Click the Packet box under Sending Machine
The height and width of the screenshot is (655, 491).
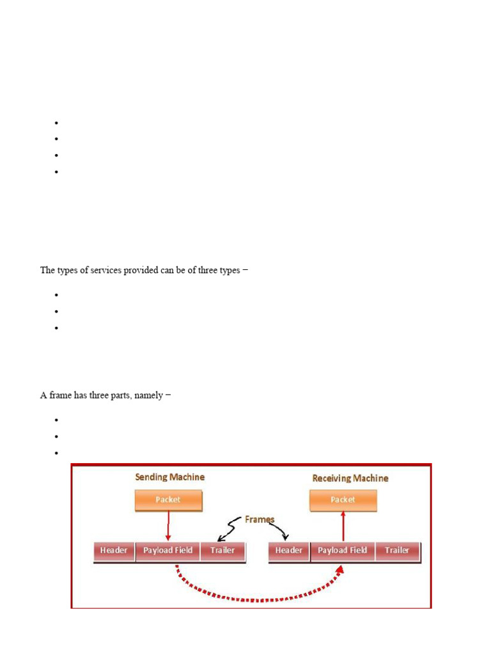[169, 500]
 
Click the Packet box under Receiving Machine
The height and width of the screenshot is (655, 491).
[343, 500]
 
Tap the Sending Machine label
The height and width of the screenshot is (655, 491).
[169, 477]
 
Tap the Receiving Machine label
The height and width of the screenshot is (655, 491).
[350, 478]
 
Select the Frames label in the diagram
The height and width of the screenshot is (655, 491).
[260, 519]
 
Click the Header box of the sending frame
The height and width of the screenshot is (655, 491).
[114, 551]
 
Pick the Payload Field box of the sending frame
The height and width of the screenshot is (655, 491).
[168, 551]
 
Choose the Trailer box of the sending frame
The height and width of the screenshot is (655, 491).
[222, 551]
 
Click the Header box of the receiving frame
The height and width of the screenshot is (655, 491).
[289, 551]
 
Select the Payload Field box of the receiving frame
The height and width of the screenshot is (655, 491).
[343, 551]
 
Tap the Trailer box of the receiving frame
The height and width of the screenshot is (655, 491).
[397, 551]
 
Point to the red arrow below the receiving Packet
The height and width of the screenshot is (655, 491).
[343, 527]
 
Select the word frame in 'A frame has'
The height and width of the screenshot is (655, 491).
[59, 395]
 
